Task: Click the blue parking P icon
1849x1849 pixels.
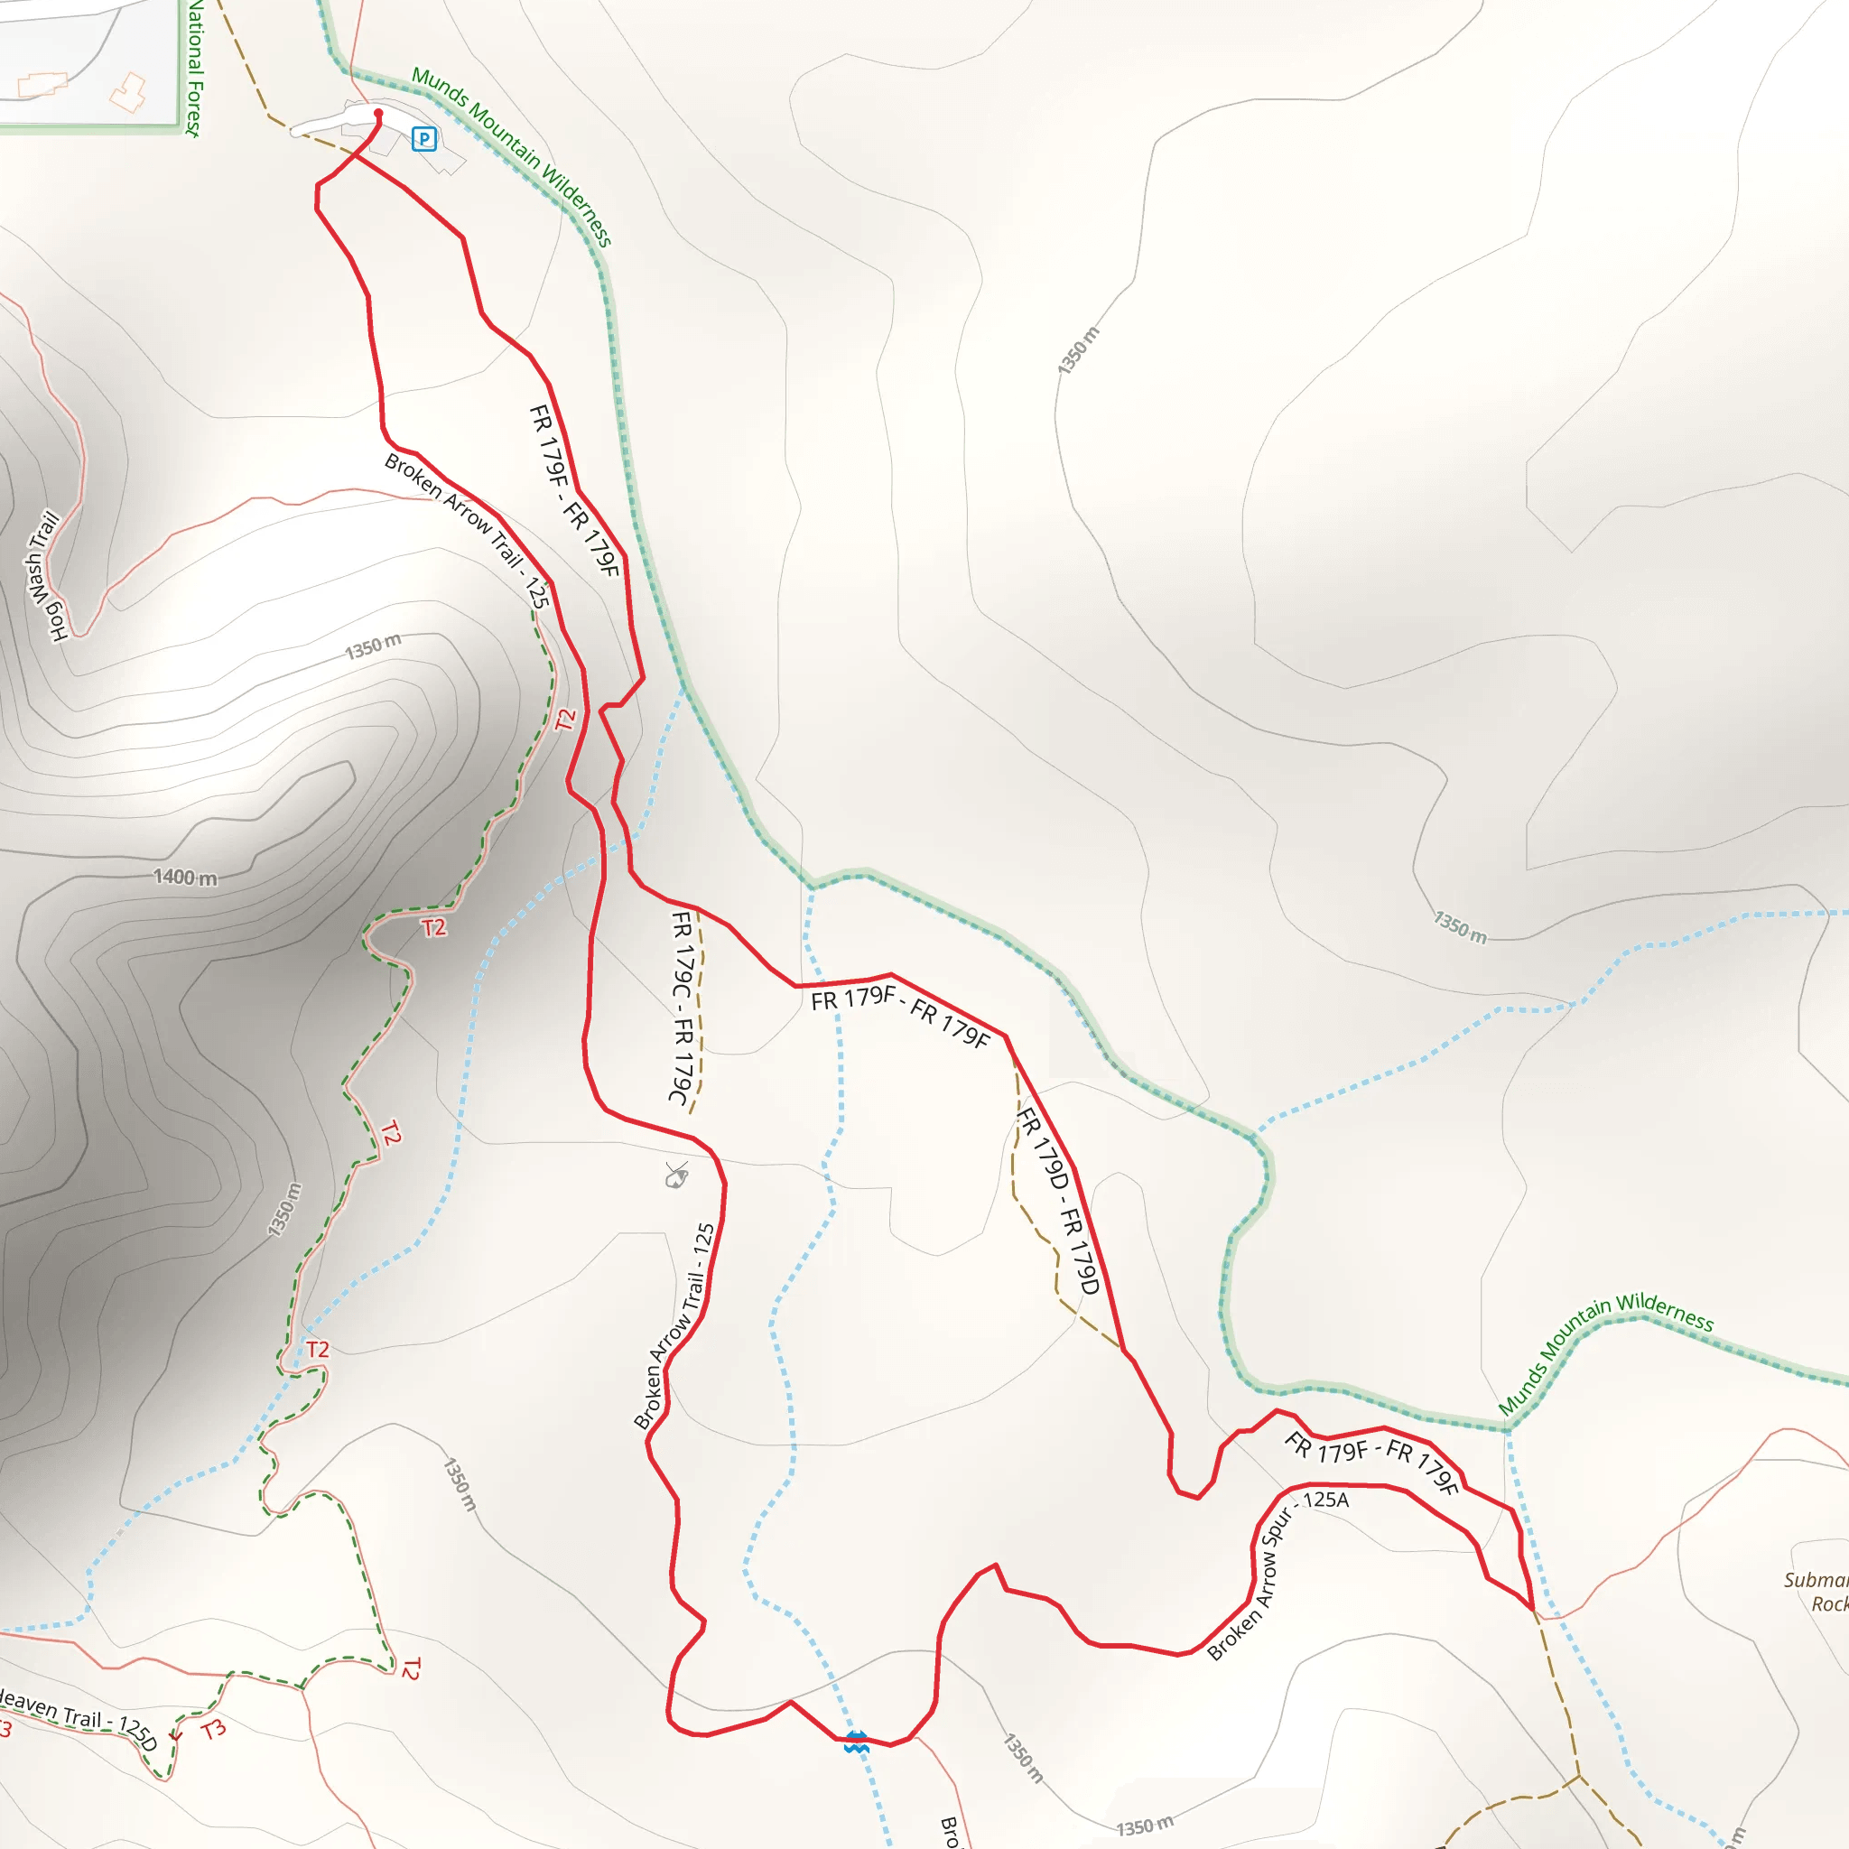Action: click(424, 140)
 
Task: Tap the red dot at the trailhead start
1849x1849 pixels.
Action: click(378, 114)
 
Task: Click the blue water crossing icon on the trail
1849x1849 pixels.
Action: click(857, 1742)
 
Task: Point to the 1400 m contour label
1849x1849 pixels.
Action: click(186, 877)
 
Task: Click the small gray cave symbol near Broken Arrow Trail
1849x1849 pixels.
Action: click(676, 1175)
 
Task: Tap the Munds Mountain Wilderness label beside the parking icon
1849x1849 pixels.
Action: click(512, 156)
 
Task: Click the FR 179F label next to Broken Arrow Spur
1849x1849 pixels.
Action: click(1370, 1463)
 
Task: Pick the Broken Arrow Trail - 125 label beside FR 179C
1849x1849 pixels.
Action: click(674, 1327)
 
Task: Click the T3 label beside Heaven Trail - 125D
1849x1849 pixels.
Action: click(213, 1728)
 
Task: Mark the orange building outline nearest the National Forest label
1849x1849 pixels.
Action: click(128, 92)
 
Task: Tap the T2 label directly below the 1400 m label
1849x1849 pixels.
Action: click(433, 926)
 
